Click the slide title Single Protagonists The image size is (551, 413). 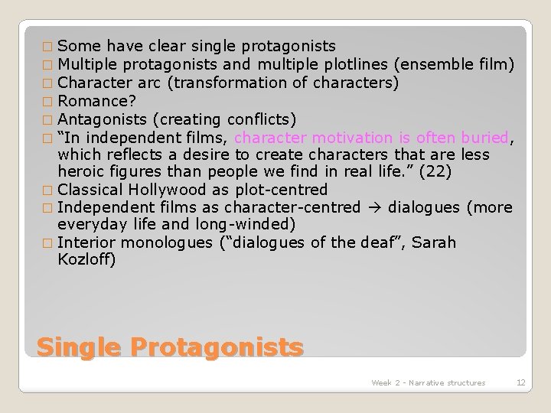pos(170,346)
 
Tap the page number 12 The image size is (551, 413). pos(520,382)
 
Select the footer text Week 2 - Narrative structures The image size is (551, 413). pos(428,382)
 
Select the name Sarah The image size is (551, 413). pos(436,242)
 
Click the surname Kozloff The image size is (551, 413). pos(86,260)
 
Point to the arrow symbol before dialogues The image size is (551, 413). pos(376,207)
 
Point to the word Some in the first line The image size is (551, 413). pos(77,46)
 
